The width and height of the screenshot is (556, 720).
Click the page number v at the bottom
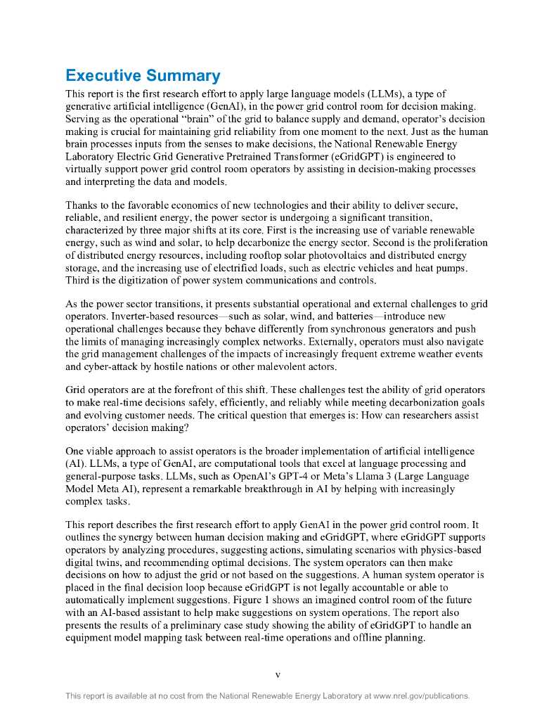point(278,675)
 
